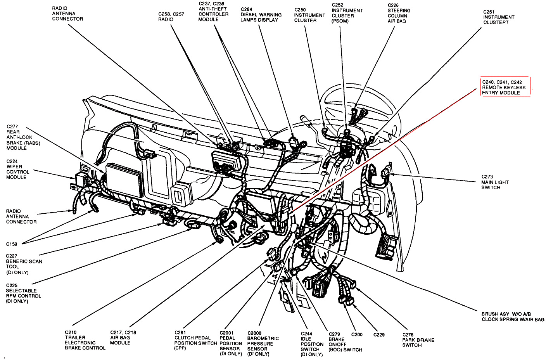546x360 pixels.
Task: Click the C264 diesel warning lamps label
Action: [261, 15]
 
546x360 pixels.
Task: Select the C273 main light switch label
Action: [495, 182]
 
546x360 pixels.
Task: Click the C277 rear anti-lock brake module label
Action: [23, 137]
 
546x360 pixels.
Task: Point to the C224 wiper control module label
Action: [17, 169]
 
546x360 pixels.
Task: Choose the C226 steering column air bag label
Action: [399, 13]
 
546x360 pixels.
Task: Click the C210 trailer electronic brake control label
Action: [85, 340]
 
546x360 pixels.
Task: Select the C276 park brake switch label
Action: [418, 340]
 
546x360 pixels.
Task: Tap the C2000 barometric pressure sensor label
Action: [263, 343]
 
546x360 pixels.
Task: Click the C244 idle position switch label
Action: [312, 344]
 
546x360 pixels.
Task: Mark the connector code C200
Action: [357, 334]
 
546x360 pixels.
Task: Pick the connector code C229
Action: [379, 334]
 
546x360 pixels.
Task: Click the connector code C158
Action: [12, 244]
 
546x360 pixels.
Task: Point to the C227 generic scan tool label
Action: [23, 264]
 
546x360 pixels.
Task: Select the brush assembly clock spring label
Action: [513, 317]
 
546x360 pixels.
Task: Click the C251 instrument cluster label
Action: [498, 17]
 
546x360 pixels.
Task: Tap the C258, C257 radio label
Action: [171, 17]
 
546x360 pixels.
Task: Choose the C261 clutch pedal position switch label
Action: [195, 340]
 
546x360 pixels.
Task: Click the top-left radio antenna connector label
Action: [67, 14]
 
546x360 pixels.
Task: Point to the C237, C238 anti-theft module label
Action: [213, 12]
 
